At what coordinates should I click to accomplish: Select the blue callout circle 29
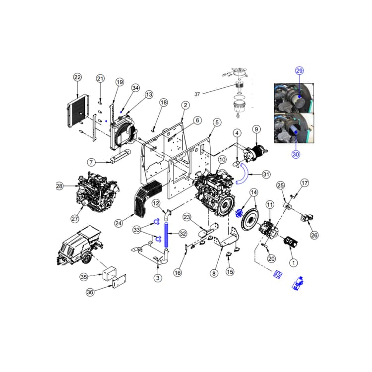tap(299, 70)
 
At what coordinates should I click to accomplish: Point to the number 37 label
tap(197, 94)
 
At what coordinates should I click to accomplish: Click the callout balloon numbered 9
tap(256, 129)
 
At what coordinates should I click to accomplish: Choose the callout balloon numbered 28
tap(60, 186)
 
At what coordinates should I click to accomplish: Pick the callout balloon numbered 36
tap(90, 292)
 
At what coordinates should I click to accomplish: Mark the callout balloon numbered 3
tap(157, 278)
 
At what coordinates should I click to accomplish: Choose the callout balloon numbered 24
tap(118, 224)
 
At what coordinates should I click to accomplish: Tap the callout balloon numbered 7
tap(91, 162)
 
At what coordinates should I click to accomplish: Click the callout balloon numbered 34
tap(135, 88)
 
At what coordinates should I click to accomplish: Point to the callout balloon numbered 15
tap(230, 271)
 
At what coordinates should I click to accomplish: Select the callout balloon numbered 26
tap(313, 235)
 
